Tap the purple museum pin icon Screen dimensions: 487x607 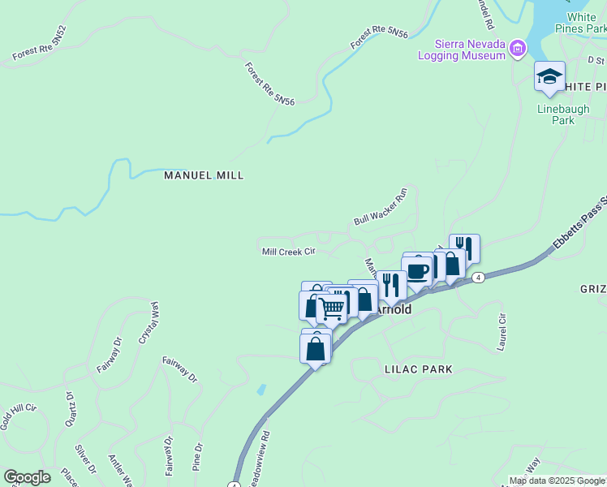click(x=517, y=50)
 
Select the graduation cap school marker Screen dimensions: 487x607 click(x=549, y=77)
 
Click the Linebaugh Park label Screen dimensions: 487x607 click(x=556, y=114)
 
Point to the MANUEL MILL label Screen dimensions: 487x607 click(x=204, y=175)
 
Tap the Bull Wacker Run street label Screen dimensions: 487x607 click(x=380, y=208)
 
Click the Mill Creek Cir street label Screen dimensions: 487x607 click(x=288, y=252)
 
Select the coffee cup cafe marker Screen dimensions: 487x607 click(x=417, y=271)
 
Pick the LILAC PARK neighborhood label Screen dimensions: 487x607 click(x=418, y=369)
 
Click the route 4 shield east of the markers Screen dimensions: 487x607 click(x=479, y=278)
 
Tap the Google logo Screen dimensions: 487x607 click(x=28, y=477)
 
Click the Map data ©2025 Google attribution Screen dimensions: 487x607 click(x=556, y=481)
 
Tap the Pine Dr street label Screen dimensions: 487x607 click(x=198, y=458)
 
